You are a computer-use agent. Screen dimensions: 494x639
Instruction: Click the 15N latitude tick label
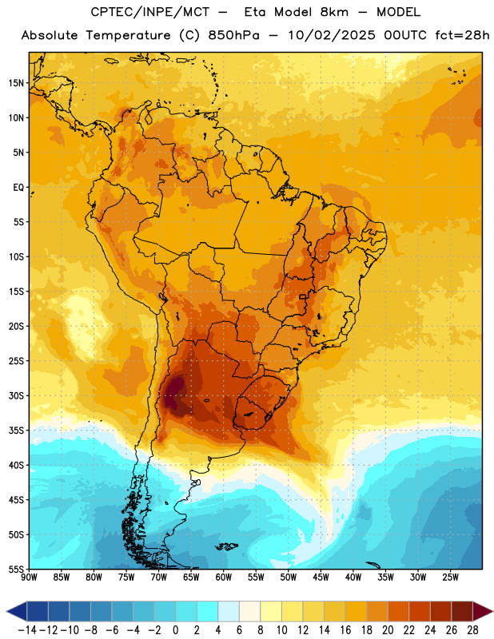tap(16, 83)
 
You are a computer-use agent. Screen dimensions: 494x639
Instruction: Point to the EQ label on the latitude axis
tap(18, 188)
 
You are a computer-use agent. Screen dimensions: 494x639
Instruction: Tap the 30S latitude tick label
tap(16, 395)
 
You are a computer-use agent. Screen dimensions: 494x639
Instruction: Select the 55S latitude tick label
tap(16, 570)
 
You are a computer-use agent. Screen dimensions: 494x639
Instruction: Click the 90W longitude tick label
tap(29, 577)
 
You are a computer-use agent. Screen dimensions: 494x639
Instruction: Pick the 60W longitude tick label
tap(224, 577)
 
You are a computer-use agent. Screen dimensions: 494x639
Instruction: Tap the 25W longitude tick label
tap(450, 577)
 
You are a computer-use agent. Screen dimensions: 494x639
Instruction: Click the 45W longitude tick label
tap(321, 577)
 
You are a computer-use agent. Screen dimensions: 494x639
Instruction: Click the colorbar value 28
tap(472, 630)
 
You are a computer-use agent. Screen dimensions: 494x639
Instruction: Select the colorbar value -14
tap(27, 630)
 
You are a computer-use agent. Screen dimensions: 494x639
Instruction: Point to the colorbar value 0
tap(175, 630)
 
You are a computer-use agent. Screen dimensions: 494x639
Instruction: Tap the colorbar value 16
tap(345, 630)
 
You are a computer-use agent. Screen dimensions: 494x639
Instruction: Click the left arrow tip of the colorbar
tap(7, 612)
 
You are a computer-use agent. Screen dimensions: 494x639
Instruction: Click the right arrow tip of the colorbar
tap(492, 612)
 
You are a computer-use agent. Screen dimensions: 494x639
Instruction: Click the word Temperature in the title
tap(128, 35)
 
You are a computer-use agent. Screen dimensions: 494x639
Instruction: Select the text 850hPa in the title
tap(233, 35)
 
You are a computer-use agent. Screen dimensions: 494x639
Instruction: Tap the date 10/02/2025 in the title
tap(331, 35)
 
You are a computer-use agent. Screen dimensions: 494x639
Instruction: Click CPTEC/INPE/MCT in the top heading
tap(149, 12)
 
